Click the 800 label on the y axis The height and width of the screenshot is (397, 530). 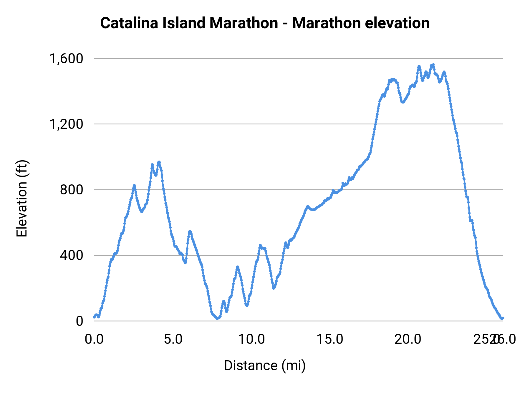tap(72, 190)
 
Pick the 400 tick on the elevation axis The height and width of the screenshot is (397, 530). tap(72, 255)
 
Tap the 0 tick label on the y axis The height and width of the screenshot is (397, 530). tap(79, 321)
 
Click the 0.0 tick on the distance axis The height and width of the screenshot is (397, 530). tap(94, 339)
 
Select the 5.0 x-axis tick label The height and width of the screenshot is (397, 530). tap(173, 339)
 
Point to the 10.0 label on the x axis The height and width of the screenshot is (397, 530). tap(251, 339)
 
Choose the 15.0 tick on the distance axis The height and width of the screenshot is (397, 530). tap(330, 339)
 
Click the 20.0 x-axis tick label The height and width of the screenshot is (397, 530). tap(408, 339)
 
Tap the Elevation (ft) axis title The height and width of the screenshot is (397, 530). tap(22, 199)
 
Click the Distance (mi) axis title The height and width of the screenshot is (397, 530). tap(265, 366)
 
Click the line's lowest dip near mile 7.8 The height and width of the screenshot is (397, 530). tap(217, 318)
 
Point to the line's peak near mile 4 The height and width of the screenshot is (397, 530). tap(159, 162)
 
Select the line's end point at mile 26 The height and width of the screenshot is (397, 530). tap(503, 318)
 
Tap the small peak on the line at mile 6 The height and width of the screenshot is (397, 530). tap(190, 231)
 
